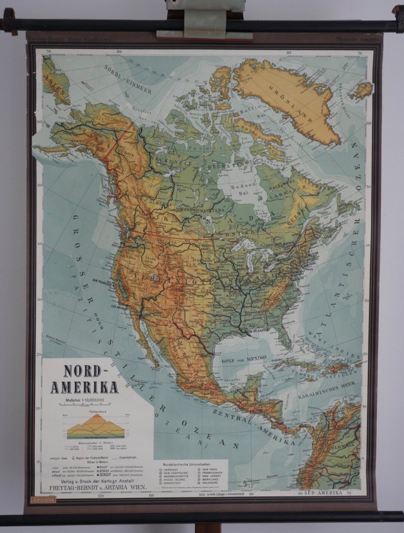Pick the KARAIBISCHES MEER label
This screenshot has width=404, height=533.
(327, 390)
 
